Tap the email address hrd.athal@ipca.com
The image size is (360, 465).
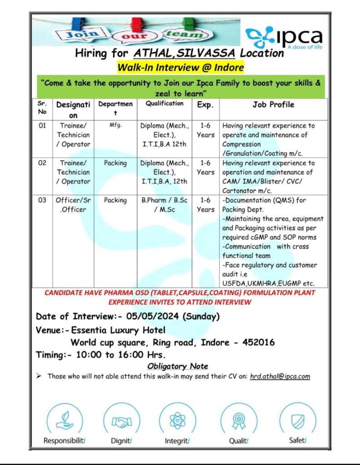click(280, 376)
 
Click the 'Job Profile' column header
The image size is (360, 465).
click(273, 105)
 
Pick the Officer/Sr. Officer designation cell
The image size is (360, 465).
click(73, 204)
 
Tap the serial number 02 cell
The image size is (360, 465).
click(42, 163)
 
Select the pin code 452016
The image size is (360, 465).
click(257, 342)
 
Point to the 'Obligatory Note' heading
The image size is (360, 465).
click(178, 366)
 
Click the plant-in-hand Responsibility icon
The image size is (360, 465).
click(64, 421)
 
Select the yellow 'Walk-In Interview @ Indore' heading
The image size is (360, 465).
click(180, 68)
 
